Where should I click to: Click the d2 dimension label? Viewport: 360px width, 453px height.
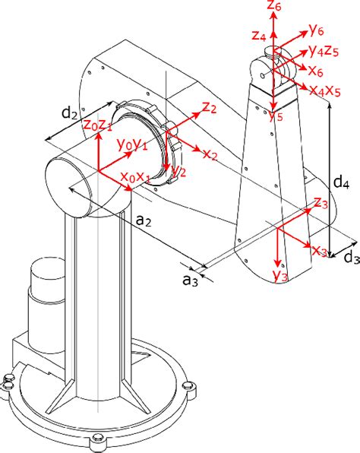pyautogui.click(x=69, y=113)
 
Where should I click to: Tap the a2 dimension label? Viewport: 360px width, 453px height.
pyautogui.click(x=144, y=220)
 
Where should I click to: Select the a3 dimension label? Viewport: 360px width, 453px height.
pyautogui.click(x=190, y=281)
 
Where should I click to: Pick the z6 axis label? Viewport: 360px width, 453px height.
pyautogui.click(x=279, y=7)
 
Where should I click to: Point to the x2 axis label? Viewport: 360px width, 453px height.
pyautogui.click(x=210, y=154)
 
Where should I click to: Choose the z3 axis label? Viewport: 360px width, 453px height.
pyautogui.click(x=321, y=203)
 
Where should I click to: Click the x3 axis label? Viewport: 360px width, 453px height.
pyautogui.click(x=320, y=250)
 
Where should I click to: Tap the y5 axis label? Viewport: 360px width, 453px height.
pyautogui.click(x=276, y=116)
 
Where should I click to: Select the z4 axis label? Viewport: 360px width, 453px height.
pyautogui.click(x=258, y=34)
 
